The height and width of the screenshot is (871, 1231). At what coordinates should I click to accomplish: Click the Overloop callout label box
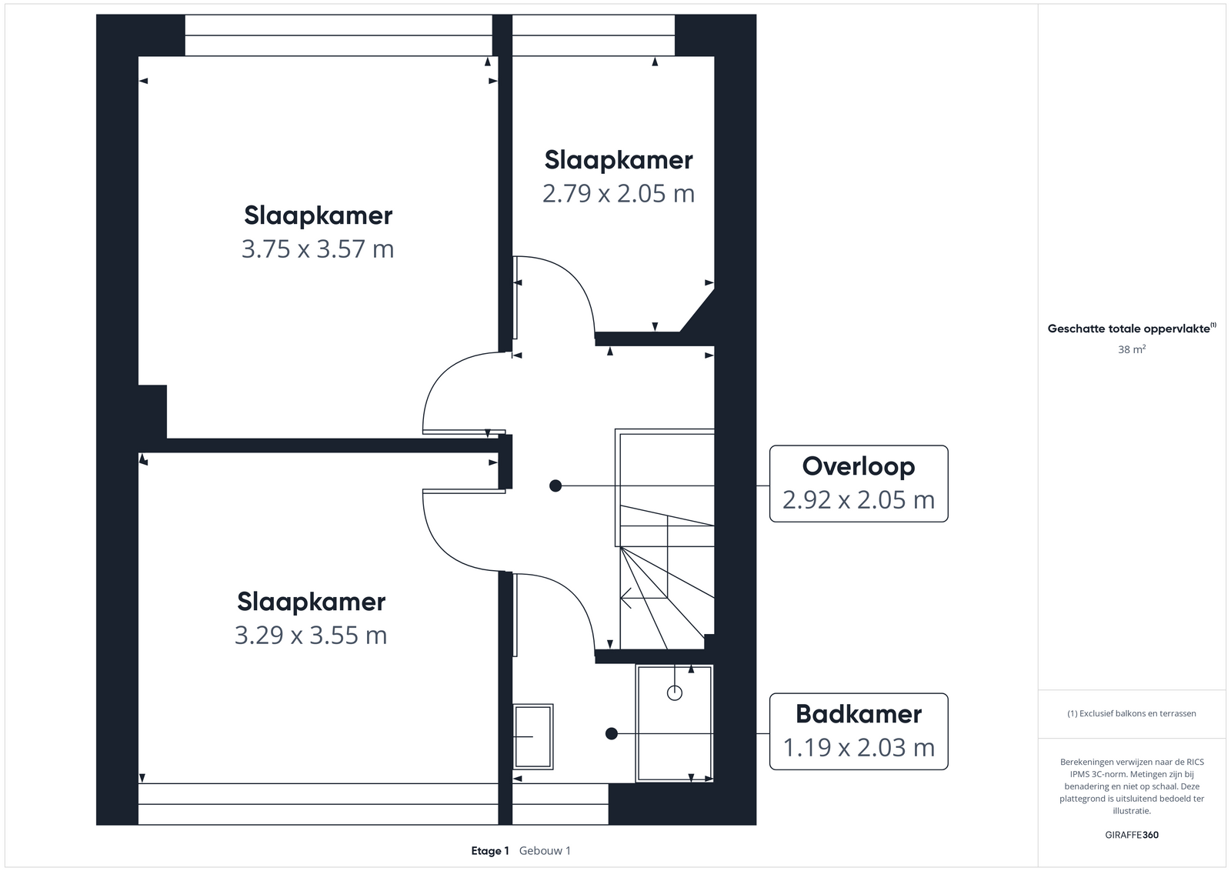tap(859, 483)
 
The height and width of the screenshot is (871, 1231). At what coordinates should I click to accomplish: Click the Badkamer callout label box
tap(859, 732)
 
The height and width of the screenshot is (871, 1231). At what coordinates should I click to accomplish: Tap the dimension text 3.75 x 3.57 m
tap(318, 249)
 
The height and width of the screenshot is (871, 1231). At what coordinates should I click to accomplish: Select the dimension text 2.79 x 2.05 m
tap(619, 194)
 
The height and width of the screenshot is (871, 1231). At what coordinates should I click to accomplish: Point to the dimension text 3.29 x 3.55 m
tap(311, 636)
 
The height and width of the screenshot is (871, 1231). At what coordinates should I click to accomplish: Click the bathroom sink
tap(533, 736)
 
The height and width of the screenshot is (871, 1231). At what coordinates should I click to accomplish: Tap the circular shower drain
tap(674, 693)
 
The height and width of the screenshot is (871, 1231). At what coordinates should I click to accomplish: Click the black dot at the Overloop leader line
tap(555, 486)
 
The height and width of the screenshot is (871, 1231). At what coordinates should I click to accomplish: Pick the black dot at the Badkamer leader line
tap(612, 733)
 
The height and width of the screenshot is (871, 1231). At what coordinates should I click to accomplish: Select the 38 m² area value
tap(1132, 349)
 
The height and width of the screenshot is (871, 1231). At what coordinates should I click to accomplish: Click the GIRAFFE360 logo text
tap(1132, 835)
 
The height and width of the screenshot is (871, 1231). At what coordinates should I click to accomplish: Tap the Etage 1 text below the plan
tap(489, 851)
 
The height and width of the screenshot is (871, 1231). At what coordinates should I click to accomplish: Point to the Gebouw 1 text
tap(545, 851)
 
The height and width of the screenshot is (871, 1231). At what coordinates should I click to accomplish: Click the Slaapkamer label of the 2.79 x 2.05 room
tap(619, 161)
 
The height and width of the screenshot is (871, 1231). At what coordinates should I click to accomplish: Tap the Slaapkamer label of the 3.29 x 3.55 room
tap(311, 602)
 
